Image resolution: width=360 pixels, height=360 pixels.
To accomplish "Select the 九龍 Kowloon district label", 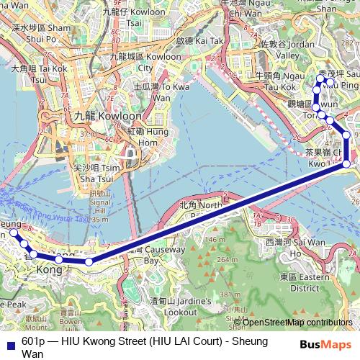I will click(98, 115).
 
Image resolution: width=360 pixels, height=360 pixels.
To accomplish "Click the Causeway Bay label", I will click(161, 256).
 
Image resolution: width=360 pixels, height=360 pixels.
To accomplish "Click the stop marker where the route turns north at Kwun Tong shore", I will click(347, 164).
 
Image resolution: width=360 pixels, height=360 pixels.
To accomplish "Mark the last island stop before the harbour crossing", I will click(89, 261).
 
